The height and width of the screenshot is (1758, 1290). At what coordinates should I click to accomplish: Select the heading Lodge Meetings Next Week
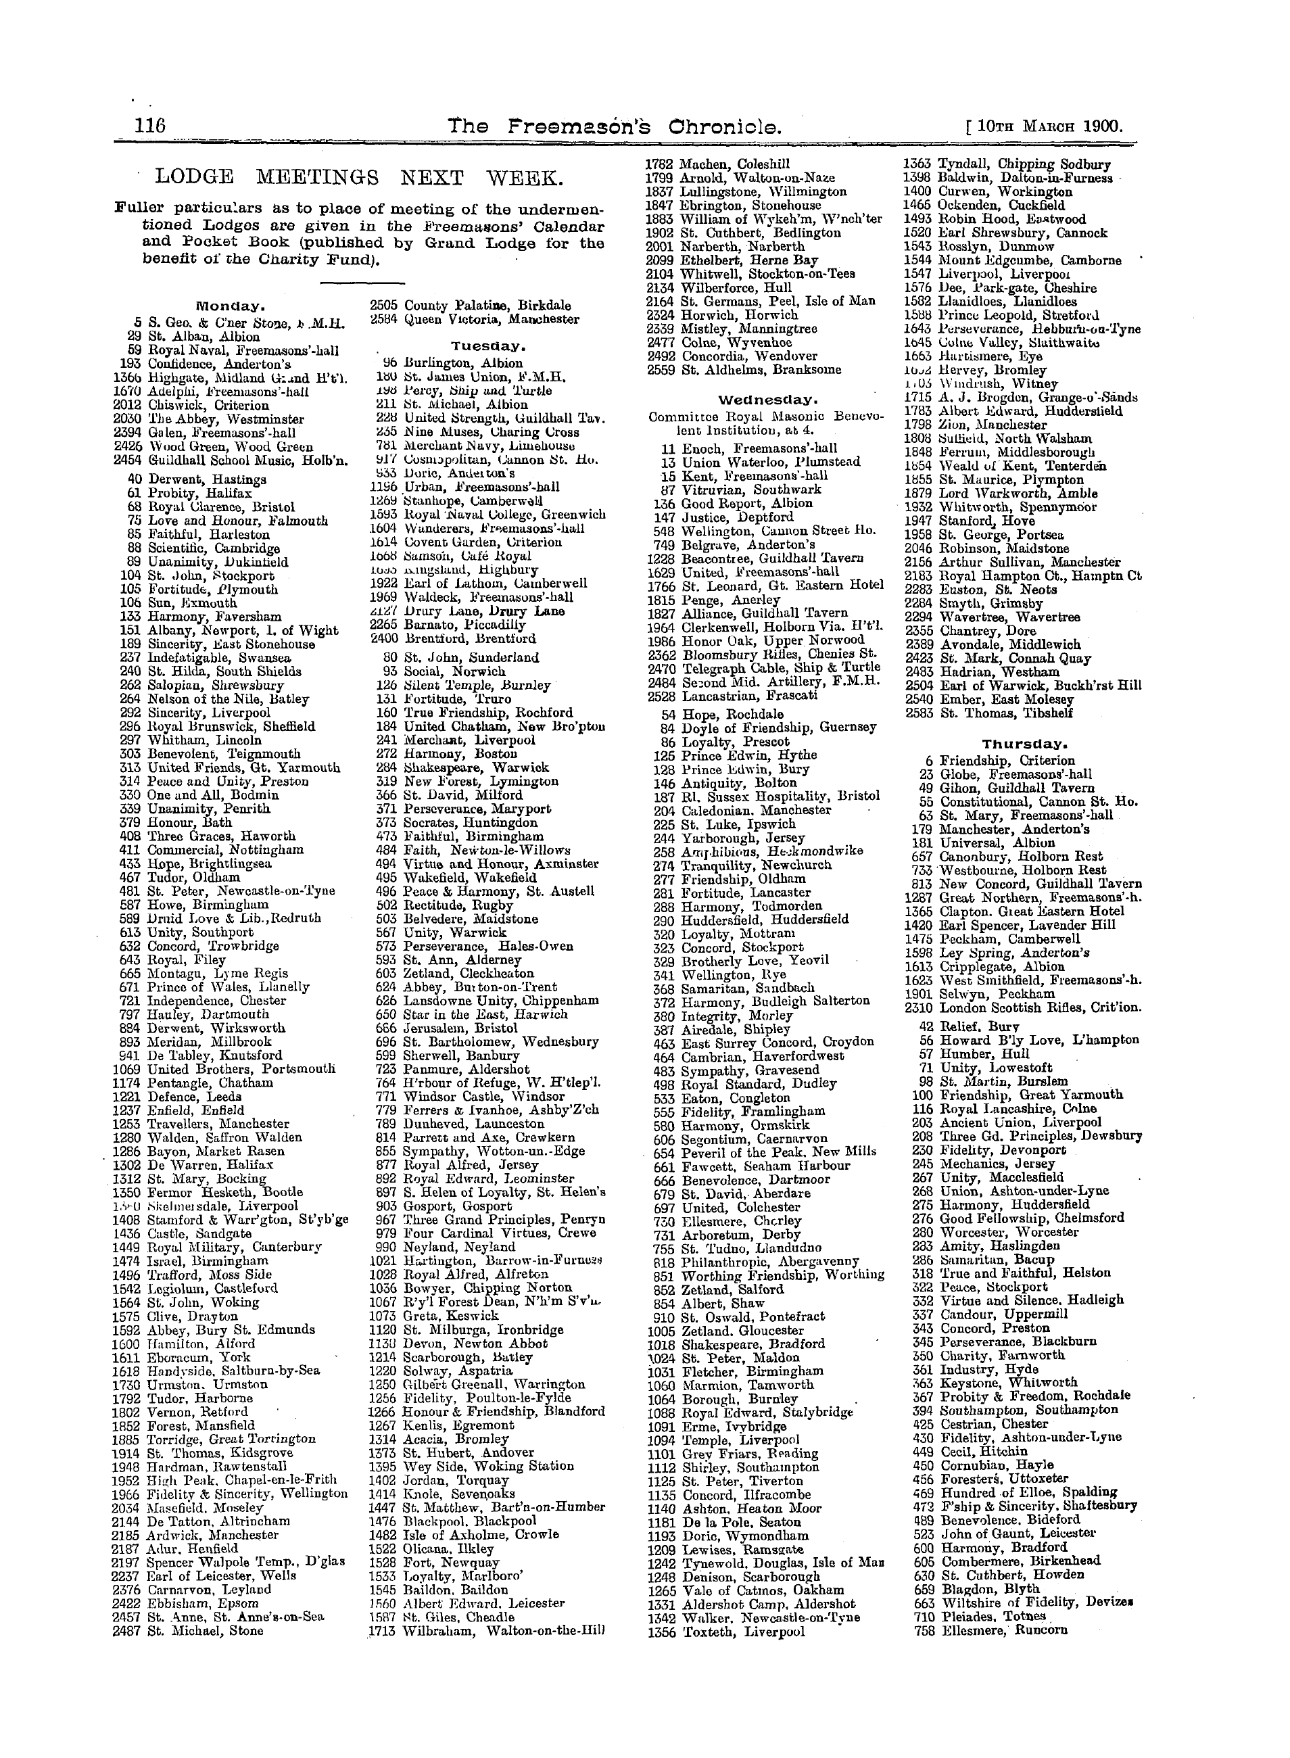tap(358, 179)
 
